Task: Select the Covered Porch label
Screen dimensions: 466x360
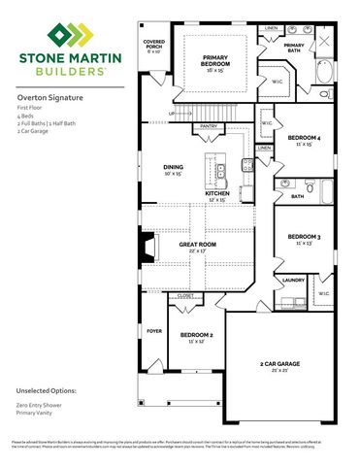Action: point(153,47)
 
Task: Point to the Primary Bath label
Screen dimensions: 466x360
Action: point(294,46)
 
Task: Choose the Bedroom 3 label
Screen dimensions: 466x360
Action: point(305,237)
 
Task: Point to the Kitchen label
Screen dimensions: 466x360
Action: point(217,194)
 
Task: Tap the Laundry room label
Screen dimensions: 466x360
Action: point(294,280)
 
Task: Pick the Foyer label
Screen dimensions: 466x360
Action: point(153,331)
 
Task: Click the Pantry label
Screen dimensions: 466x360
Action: point(208,126)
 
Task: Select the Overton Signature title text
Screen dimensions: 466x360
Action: point(47,98)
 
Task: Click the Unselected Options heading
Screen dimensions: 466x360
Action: point(47,390)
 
